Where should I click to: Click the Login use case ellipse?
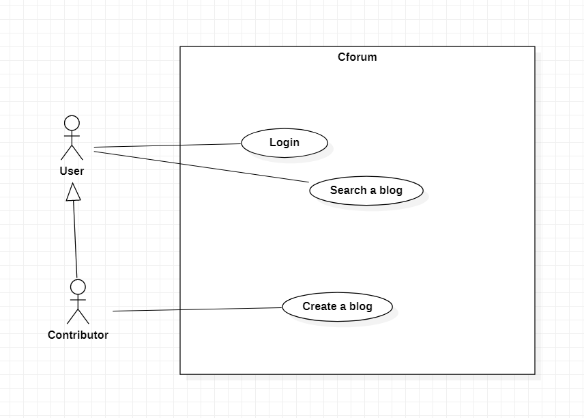[284, 143]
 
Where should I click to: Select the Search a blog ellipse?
[366, 190]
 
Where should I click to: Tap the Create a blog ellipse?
[338, 307]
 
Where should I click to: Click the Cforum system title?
[357, 57]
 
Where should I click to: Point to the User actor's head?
[72, 123]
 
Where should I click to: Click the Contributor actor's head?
[78, 286]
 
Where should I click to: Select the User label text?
[72, 171]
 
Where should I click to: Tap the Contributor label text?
[78, 335]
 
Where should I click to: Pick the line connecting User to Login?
[167, 145]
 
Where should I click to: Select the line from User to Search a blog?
[201, 166]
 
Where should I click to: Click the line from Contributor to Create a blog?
[198, 309]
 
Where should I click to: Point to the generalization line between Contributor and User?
[75, 239]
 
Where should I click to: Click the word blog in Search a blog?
[390, 190]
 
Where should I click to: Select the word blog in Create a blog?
[360, 307]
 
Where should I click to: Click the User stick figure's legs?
[72, 152]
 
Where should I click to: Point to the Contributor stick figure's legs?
[78, 316]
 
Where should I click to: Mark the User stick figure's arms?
[72, 135]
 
